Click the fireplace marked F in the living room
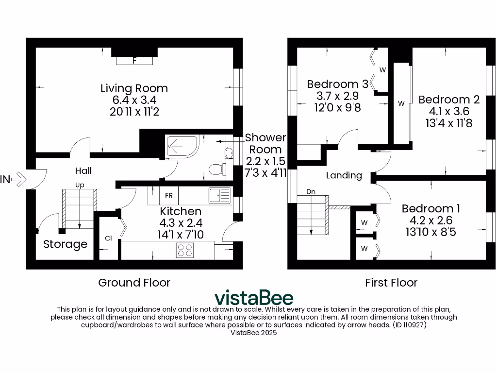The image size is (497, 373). tap(134, 60)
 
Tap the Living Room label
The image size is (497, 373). tap(134, 88)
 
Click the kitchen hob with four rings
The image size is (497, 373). tap(184, 250)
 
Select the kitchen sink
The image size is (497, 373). tap(219, 195)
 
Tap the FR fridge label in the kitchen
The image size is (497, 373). tap(169, 196)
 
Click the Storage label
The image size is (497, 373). tap(65, 244)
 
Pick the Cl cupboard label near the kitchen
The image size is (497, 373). tap(108, 238)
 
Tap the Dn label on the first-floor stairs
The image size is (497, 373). tap(311, 192)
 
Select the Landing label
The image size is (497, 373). tap(344, 175)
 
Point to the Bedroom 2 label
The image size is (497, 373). tap(449, 100)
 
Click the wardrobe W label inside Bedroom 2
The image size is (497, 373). tap(401, 103)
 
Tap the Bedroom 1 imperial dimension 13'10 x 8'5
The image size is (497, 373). tap(431, 232)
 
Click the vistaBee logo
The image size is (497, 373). tap(254, 297)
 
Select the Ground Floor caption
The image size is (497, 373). tap(134, 283)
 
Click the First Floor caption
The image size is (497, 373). tap(391, 283)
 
